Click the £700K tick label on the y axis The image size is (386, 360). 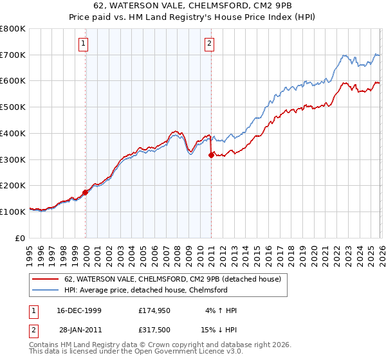point(13,55)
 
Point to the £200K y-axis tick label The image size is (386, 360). point(13,185)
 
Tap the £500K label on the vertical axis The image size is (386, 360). point(13,107)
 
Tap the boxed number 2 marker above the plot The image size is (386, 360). point(210,44)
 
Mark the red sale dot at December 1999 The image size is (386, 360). point(86,192)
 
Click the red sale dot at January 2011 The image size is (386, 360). point(211,155)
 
